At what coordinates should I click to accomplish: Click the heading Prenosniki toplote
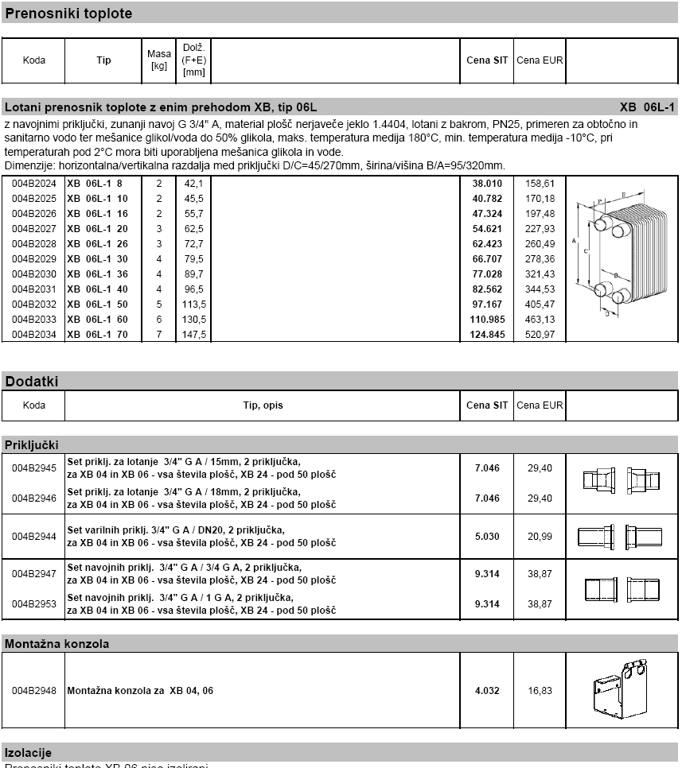[x=69, y=14]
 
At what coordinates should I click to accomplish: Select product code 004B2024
[x=34, y=184]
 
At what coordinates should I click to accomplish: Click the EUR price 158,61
[x=540, y=184]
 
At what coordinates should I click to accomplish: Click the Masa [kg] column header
[x=159, y=60]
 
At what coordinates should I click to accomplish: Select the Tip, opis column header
[x=263, y=405]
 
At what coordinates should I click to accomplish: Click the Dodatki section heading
[x=32, y=382]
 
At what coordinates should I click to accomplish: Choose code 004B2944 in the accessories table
[x=34, y=537]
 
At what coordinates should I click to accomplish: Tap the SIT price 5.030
[x=487, y=537]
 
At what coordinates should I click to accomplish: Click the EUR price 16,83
[x=540, y=691]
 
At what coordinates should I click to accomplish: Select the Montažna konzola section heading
[x=57, y=644]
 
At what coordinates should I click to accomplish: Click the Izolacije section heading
[x=29, y=752]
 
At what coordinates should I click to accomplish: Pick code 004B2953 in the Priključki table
[x=34, y=604]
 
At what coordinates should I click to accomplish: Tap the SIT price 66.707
[x=487, y=259]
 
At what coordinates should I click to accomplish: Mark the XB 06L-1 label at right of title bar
[x=647, y=107]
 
